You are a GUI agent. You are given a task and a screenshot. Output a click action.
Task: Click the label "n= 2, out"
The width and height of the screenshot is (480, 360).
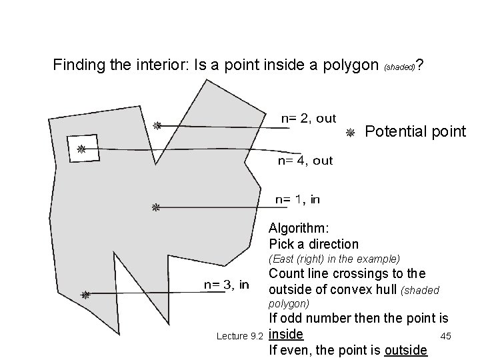[307, 119]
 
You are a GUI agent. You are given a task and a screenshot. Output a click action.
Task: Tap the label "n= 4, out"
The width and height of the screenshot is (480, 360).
[305, 161]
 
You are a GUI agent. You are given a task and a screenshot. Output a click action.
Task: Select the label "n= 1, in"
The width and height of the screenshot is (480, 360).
[298, 199]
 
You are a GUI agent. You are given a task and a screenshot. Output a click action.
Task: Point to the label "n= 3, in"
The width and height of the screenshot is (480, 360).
[226, 285]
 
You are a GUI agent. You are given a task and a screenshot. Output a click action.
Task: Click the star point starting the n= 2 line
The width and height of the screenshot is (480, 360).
[157, 125]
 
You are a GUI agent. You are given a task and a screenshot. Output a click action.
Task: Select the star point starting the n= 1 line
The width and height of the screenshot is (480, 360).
[155, 208]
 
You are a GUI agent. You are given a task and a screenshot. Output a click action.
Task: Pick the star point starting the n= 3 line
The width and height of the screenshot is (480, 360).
[85, 295]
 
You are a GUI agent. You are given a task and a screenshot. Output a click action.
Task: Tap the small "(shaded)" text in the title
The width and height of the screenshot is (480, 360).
[399, 67]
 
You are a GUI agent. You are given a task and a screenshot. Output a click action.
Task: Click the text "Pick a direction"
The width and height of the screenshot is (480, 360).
[313, 244]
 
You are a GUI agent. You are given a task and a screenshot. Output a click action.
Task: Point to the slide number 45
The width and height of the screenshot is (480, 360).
[446, 335]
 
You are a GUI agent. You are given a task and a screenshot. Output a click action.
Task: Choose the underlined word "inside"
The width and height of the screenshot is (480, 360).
[286, 333]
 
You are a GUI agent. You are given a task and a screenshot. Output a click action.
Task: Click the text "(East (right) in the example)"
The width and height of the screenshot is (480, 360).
[334, 258]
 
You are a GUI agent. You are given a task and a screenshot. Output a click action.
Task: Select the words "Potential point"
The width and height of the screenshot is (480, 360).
[415, 131]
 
